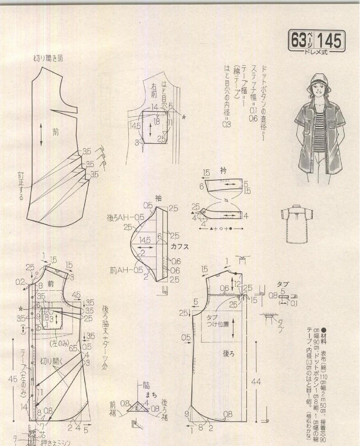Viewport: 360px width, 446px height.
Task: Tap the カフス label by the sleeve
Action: click(x=180, y=246)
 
